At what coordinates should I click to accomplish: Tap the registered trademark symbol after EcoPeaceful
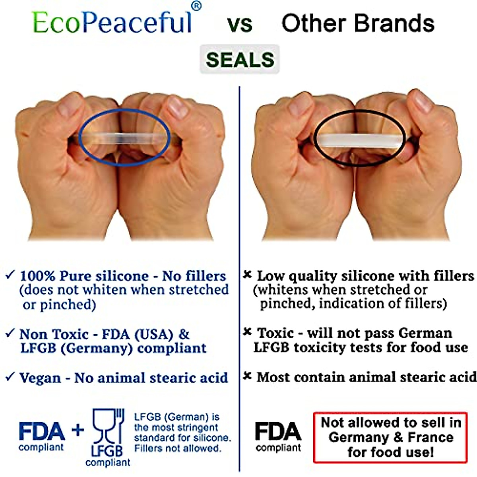196,6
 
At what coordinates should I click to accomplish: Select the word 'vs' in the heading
240,24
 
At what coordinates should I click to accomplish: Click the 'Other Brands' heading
358,23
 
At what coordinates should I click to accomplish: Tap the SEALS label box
240,60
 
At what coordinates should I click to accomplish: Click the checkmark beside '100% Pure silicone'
10,275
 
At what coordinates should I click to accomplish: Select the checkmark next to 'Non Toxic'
10,333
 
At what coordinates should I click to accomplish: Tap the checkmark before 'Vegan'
10,376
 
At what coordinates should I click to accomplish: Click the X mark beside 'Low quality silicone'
248,275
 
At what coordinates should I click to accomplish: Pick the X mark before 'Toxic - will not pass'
248,332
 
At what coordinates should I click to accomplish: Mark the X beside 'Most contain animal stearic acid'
248,376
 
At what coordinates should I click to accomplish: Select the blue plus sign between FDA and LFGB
78,430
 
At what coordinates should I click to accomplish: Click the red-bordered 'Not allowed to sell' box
390,437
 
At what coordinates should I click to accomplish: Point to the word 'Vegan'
40,378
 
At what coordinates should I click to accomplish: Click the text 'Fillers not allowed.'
177,448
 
